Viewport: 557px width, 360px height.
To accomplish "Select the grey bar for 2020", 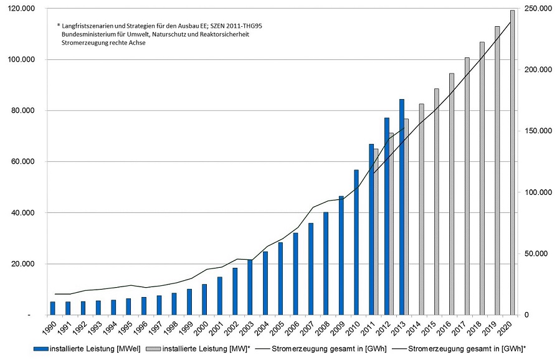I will (513, 163).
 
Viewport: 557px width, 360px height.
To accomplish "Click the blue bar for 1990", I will (52, 308).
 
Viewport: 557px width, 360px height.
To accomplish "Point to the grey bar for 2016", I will (452, 194).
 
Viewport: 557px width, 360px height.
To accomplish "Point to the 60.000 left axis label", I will (24, 162).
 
